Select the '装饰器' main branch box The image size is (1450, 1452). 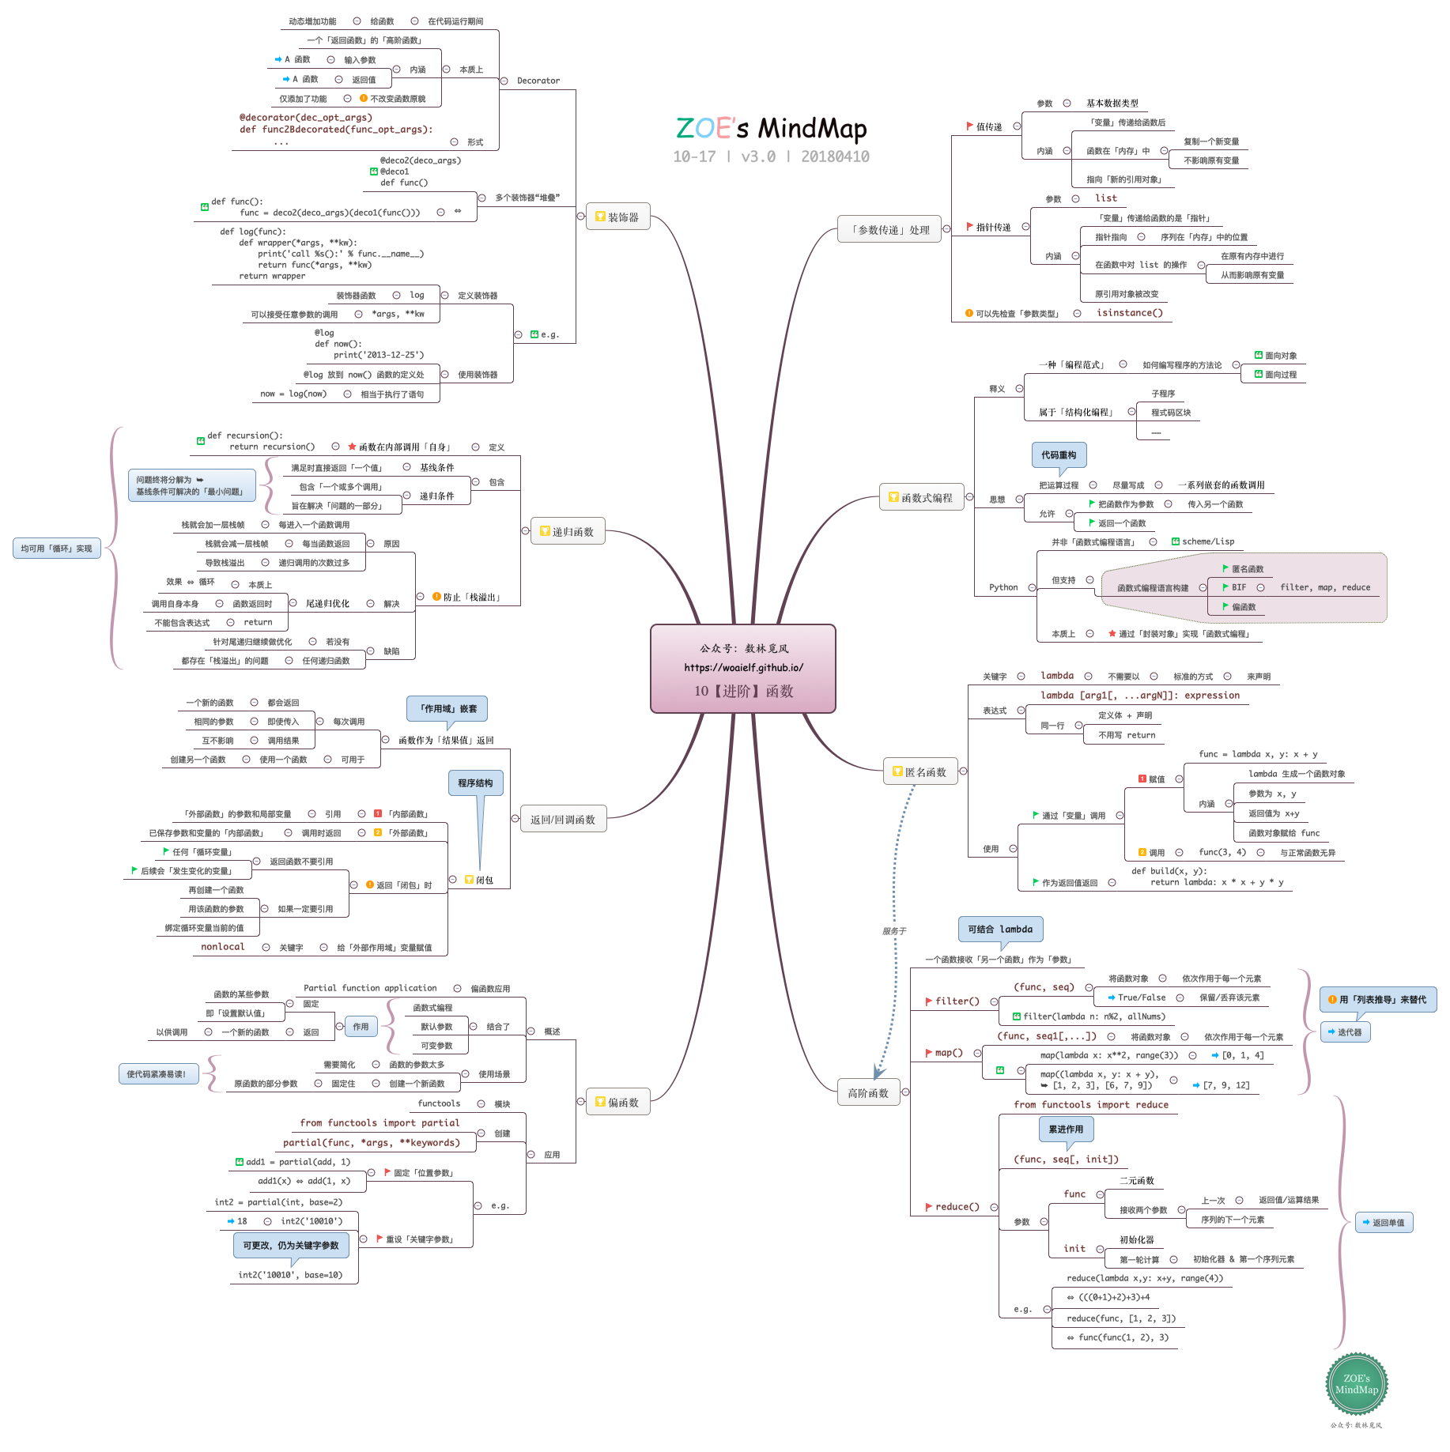coord(617,217)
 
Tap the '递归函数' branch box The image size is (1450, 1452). coord(567,531)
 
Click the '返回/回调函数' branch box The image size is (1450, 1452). coord(562,820)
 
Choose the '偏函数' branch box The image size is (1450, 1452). coord(617,1102)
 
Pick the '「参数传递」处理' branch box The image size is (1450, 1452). coord(889,229)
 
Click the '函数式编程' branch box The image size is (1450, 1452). coord(921,497)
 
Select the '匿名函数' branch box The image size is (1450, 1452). coord(920,771)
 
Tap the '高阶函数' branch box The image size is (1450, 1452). coord(868,1092)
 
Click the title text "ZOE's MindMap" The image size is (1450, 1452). coord(771,128)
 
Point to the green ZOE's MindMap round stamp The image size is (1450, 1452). coord(1356,1383)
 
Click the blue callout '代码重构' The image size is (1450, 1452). coord(1058,454)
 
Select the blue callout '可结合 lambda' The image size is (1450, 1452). coord(1000,929)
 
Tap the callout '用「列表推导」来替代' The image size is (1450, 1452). coord(1377,999)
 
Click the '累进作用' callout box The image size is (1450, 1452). coord(1066,1129)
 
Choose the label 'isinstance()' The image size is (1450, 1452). coord(1129,313)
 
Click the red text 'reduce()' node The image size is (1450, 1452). coord(957,1206)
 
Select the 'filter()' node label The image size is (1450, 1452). coord(957,1001)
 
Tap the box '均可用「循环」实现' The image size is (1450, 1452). coord(56,548)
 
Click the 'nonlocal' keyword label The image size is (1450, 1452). coord(222,946)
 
